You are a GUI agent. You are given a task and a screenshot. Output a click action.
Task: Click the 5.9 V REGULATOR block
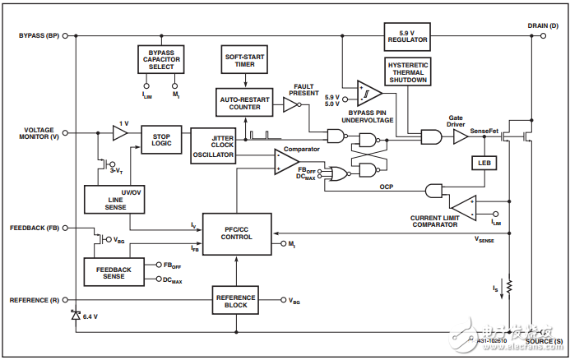[x=406, y=36]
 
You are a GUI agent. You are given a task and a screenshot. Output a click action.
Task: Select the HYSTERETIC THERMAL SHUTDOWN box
[x=406, y=72]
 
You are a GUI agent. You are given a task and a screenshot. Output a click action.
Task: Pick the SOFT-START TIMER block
[x=245, y=61]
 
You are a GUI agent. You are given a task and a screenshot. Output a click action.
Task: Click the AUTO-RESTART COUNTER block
[x=244, y=103]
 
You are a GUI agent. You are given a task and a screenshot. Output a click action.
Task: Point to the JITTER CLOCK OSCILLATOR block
[x=213, y=146]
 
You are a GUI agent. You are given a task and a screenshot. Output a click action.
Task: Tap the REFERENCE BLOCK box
[x=236, y=300]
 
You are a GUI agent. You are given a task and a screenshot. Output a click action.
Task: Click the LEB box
[x=484, y=163]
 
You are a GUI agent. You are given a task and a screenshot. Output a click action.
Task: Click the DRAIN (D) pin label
[x=543, y=25]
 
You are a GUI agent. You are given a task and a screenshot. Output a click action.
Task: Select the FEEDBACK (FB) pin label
[x=35, y=228]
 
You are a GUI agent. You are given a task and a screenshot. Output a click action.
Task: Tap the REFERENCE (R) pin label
[x=35, y=300]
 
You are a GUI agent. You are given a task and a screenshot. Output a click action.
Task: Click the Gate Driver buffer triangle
[x=460, y=137]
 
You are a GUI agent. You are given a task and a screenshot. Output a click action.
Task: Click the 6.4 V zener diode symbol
[x=76, y=315]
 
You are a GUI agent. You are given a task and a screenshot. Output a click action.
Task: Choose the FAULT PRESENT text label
[x=304, y=89]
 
